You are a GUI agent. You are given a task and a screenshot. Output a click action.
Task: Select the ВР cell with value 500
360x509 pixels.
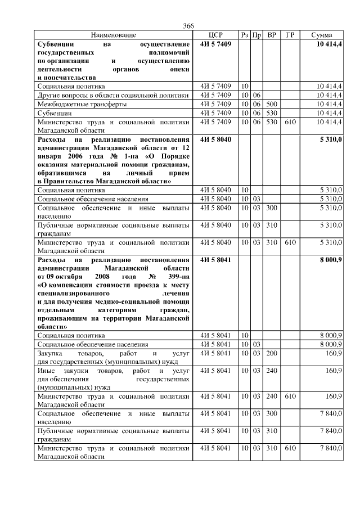[272, 104]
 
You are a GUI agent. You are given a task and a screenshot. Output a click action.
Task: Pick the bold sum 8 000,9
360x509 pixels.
[330, 259]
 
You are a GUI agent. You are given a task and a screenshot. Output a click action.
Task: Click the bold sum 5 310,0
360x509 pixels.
[331, 138]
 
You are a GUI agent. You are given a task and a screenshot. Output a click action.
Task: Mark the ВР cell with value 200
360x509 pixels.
[272, 353]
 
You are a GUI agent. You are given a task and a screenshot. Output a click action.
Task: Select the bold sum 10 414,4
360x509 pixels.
[329, 43]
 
